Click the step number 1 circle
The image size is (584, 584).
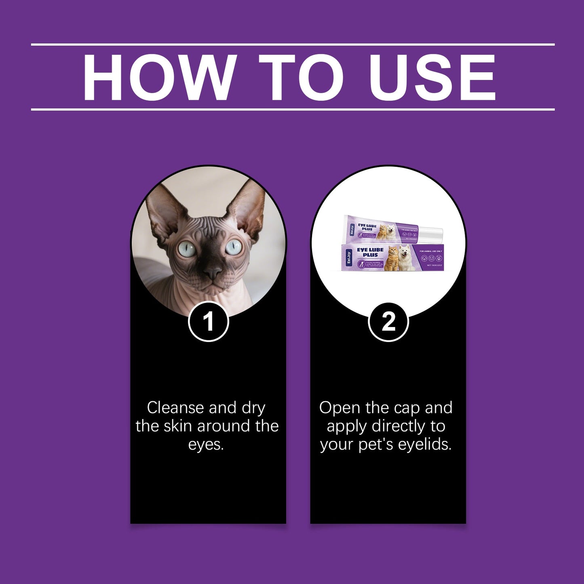coord(209,322)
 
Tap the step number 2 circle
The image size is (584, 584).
coord(388,322)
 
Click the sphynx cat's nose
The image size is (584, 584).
coord(213,272)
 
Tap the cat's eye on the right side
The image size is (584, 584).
coord(233,247)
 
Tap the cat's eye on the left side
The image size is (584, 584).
coord(187,249)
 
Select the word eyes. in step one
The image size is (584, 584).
coord(206,445)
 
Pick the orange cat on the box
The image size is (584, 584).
coord(391,259)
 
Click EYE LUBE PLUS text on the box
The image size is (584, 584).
coord(367,253)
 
